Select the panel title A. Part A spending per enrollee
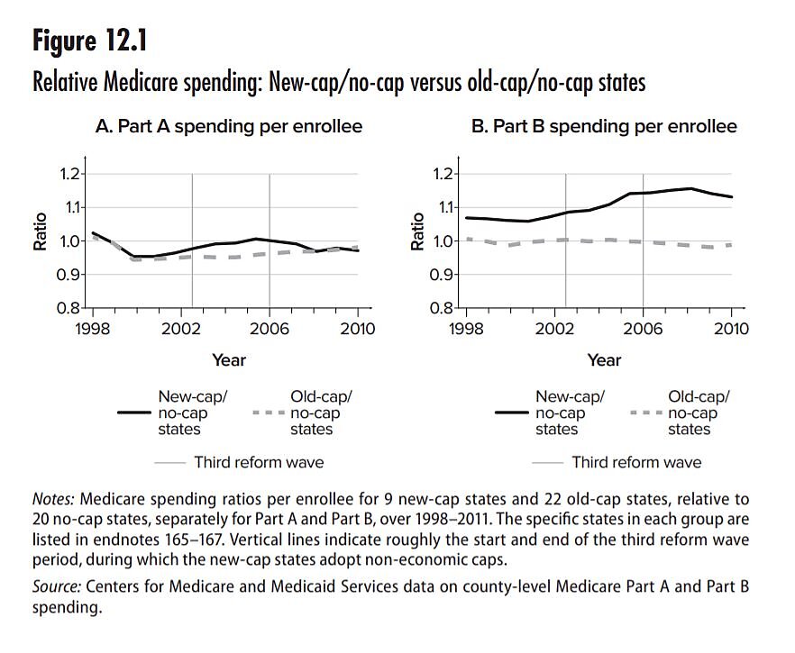click(229, 127)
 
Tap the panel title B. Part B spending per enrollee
click(604, 127)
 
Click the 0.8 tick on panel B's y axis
click(442, 307)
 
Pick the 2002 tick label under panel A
click(191, 330)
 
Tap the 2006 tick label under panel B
click(642, 330)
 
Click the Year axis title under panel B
click(604, 360)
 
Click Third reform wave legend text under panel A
click(259, 462)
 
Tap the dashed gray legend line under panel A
click(269, 413)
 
